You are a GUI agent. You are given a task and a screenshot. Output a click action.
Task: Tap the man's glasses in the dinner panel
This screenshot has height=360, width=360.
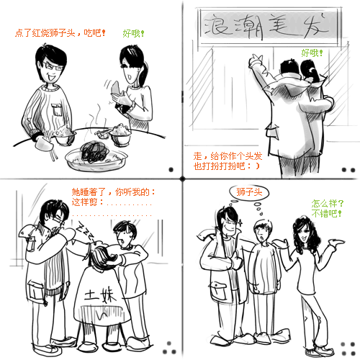53,66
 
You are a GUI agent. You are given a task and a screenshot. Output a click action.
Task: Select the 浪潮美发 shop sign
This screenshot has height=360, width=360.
269,27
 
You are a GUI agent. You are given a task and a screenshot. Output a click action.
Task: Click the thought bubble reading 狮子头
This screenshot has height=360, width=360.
249,192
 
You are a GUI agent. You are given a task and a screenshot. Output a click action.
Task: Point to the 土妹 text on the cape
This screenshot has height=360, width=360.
100,294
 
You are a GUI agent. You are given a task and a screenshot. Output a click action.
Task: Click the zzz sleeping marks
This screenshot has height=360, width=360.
85,231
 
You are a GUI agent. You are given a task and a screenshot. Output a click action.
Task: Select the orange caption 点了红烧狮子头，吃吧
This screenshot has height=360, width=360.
60,33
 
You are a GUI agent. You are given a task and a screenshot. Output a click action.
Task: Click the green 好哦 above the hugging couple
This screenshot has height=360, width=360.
312,53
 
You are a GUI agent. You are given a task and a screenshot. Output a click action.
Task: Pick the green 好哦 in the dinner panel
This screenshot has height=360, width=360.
133,33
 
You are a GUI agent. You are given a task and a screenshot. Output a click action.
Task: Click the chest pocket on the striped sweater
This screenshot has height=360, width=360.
57,109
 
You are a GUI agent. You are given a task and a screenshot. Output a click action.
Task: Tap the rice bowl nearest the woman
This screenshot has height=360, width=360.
120,135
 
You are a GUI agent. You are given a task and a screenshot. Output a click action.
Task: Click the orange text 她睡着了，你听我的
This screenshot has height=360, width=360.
113,192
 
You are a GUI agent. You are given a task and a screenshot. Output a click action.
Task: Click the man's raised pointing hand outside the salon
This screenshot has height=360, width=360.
256,60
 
